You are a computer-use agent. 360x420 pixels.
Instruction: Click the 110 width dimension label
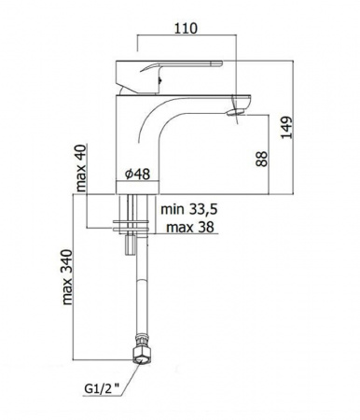click(186, 28)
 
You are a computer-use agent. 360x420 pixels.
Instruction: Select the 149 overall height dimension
click(287, 128)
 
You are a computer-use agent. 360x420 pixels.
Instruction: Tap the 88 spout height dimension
click(262, 159)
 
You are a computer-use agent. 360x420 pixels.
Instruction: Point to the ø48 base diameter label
click(137, 174)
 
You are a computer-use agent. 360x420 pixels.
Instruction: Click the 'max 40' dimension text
click(81, 168)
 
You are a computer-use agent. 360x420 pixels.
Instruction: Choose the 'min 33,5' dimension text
click(188, 209)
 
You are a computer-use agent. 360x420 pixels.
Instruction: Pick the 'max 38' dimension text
click(190, 227)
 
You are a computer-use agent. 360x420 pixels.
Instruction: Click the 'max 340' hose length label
click(67, 277)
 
